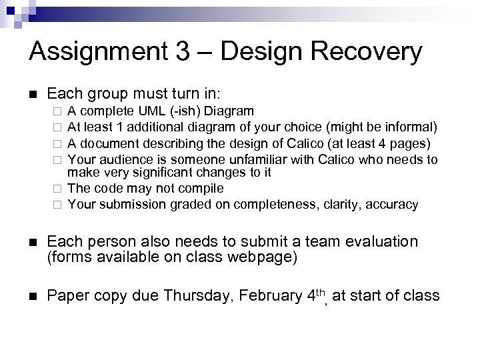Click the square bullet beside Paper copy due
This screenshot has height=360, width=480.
click(x=31, y=295)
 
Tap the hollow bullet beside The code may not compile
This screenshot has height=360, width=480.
click(x=58, y=189)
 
